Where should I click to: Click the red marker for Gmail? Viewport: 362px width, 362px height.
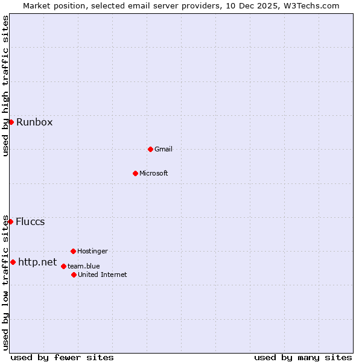150,149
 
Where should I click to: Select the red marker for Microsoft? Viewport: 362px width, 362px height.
135,173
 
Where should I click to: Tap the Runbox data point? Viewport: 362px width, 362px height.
11,122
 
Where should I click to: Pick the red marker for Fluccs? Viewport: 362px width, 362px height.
10,221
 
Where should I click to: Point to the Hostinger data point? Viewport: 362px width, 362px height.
73,251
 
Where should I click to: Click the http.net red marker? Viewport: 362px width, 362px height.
13,262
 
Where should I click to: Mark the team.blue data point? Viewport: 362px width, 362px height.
63,266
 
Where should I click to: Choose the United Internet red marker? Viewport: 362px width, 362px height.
74,275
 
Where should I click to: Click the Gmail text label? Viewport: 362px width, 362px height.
164,149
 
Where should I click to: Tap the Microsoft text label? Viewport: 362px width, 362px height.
154,173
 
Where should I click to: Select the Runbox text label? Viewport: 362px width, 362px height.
34,122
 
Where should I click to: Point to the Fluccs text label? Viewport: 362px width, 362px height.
30,221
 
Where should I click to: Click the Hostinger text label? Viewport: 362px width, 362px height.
92,251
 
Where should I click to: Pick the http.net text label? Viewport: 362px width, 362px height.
37,262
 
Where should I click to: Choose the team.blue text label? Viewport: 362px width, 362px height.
84,266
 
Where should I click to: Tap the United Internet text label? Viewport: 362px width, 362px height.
103,275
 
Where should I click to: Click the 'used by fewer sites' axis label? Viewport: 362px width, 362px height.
62,357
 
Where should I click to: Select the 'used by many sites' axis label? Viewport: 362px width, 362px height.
303,357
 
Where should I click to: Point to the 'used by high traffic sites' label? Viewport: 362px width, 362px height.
5,86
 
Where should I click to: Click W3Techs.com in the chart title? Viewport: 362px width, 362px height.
312,5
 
